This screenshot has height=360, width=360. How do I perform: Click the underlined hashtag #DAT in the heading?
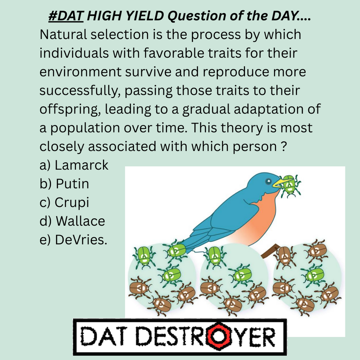point(66,16)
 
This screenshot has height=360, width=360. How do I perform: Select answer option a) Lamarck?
point(74,165)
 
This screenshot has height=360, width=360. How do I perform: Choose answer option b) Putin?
point(64,184)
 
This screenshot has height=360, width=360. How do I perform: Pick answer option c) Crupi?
point(64,202)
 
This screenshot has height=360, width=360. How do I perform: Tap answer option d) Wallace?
point(72,221)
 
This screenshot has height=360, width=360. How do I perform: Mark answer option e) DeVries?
point(73,240)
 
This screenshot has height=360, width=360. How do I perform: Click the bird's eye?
point(268,182)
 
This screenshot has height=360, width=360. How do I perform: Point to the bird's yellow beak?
point(281,183)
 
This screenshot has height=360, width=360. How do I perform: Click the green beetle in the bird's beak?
point(290,186)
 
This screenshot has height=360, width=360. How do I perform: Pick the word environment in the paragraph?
point(81,72)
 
